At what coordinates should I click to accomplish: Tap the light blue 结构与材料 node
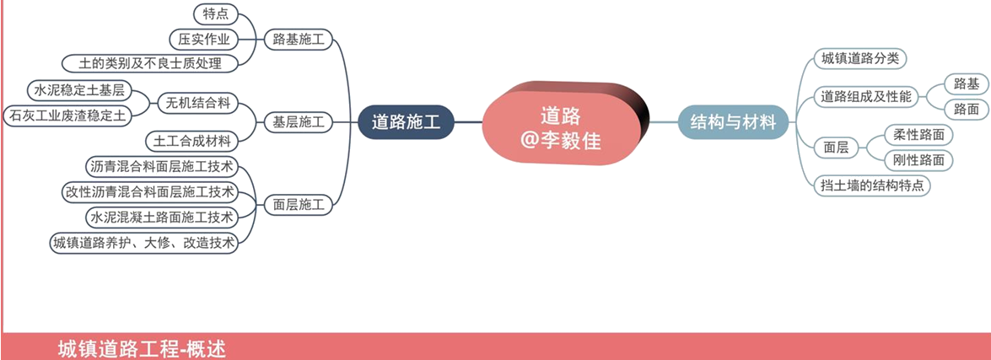point(733,122)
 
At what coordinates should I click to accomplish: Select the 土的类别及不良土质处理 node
point(150,63)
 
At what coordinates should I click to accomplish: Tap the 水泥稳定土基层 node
point(79,90)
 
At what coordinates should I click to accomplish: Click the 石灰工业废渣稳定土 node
point(67,115)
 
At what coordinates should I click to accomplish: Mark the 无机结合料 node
point(198,102)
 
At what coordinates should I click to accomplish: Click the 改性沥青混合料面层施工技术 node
point(150,191)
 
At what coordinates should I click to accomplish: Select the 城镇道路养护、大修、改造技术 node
point(144,243)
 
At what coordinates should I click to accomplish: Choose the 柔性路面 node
point(918,135)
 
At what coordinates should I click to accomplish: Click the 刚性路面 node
point(918,160)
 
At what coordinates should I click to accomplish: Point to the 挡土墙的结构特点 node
point(873,185)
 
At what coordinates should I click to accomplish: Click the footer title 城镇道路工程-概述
point(142,349)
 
